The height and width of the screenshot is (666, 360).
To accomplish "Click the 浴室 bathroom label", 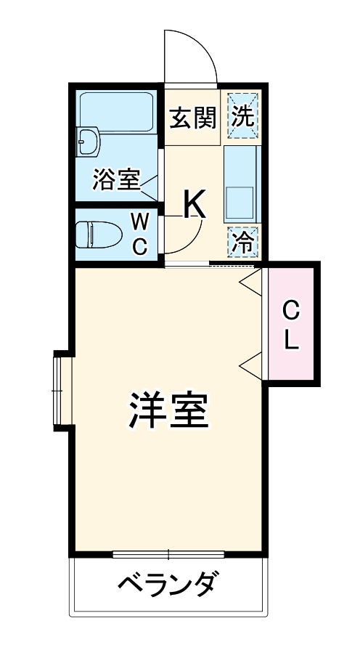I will click(116, 180).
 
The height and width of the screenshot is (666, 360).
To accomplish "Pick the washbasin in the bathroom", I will click(89, 141).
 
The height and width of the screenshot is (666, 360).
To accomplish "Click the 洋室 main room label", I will click(170, 411).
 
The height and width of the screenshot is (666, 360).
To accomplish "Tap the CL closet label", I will click(290, 326).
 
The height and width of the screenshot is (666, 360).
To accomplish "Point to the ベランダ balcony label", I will click(168, 585).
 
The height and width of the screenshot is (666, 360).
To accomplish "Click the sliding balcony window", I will click(168, 555).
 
